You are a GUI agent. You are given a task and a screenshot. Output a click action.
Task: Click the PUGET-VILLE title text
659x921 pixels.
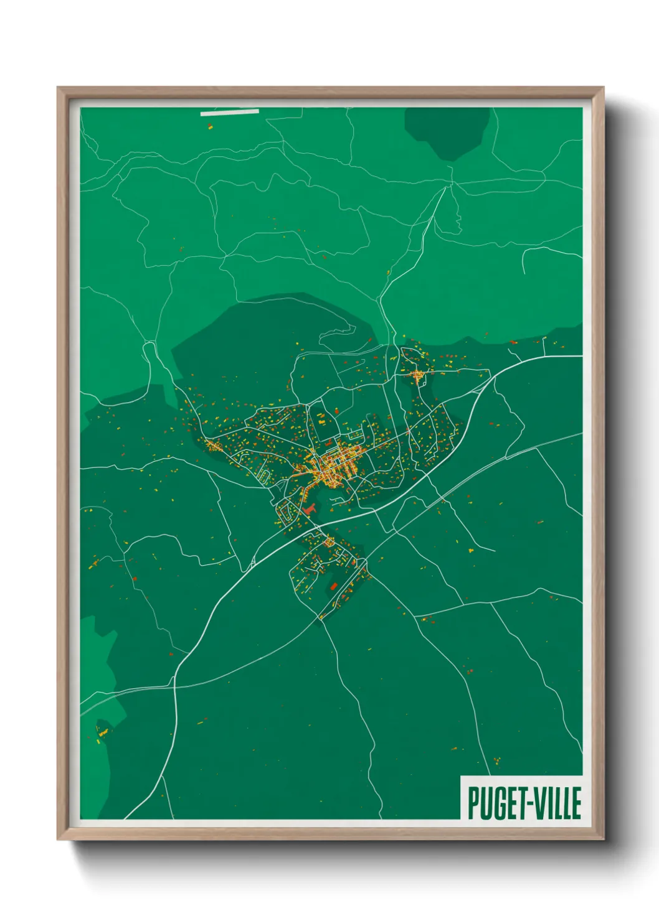(524, 803)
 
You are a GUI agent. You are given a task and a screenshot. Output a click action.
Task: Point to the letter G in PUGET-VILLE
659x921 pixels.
(498, 803)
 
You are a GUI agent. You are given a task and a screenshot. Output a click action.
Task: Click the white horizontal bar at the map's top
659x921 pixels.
(229, 113)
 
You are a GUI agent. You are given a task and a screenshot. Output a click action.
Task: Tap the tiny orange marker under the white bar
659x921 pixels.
(210, 126)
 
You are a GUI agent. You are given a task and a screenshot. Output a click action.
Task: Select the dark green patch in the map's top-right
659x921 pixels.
(446, 131)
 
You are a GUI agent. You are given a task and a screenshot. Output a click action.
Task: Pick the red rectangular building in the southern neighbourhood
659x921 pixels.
(333, 586)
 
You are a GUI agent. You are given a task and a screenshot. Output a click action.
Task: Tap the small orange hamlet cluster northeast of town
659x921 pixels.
(416, 375)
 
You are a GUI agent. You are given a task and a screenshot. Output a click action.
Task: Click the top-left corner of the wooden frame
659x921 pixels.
(59, 88)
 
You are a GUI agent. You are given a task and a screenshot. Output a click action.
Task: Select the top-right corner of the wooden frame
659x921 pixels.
(603, 88)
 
